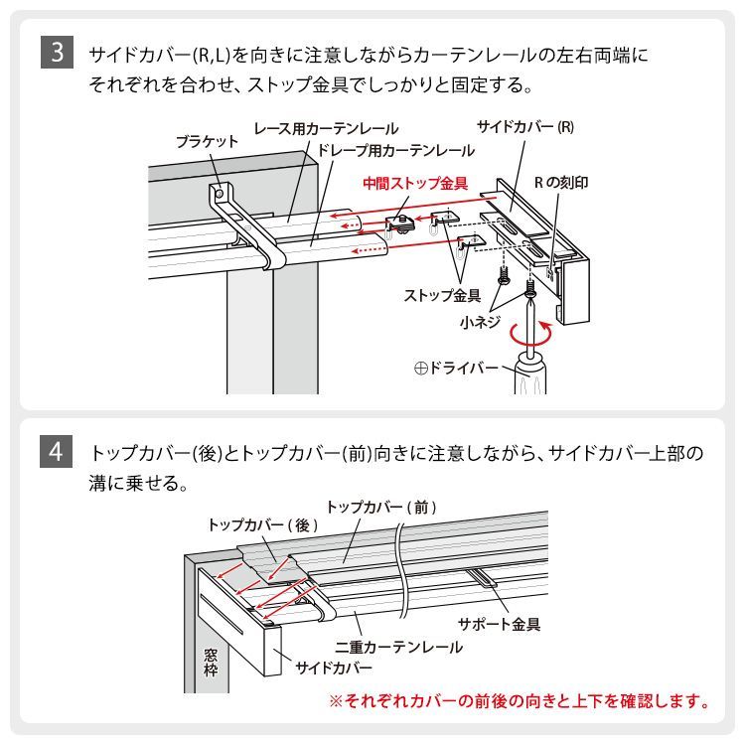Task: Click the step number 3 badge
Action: [57, 53]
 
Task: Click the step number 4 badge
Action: [57, 453]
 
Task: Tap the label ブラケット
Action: [207, 141]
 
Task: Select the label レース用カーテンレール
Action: [326, 129]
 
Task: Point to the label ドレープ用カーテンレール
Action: [396, 150]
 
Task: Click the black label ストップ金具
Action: [442, 295]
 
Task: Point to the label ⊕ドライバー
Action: [456, 369]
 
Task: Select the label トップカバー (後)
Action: [262, 524]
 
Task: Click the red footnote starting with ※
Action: [520, 701]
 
